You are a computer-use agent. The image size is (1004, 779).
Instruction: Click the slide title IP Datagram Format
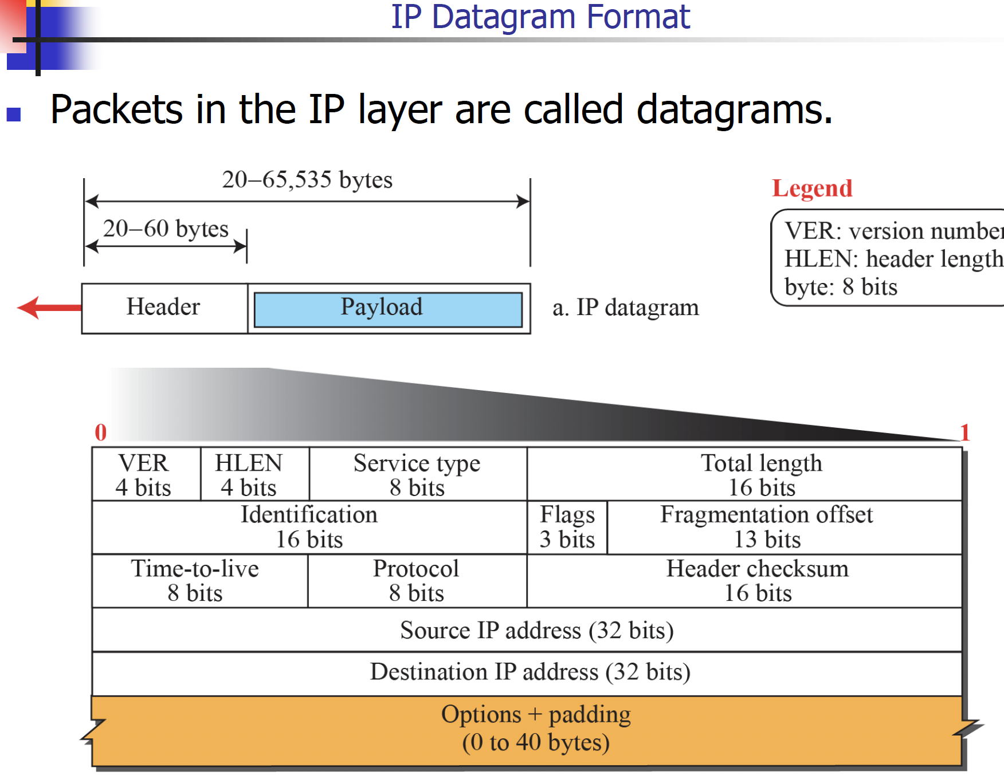tap(540, 17)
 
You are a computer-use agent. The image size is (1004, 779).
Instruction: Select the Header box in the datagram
tap(164, 308)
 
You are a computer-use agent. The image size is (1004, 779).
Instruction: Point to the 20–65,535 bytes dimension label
tap(307, 180)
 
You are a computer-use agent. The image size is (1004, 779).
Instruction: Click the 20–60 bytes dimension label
tap(166, 229)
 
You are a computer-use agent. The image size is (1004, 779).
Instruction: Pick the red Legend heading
tap(812, 188)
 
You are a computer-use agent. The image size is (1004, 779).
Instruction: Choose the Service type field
tap(417, 474)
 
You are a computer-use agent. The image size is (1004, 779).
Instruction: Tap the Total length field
tap(761, 474)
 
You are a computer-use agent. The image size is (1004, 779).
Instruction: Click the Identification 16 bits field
tap(309, 527)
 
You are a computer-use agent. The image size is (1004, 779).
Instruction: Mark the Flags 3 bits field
tap(567, 527)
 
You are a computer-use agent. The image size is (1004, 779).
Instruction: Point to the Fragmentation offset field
tap(767, 527)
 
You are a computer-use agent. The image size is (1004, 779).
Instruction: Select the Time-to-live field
tap(195, 580)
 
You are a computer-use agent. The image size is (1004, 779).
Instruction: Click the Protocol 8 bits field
tap(417, 580)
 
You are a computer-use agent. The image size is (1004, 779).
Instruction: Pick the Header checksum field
tap(758, 580)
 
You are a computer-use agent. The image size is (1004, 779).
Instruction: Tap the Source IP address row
tap(536, 630)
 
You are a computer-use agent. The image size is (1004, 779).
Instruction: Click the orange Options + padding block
tap(535, 729)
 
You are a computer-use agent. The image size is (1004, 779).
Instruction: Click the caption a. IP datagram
tap(625, 308)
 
